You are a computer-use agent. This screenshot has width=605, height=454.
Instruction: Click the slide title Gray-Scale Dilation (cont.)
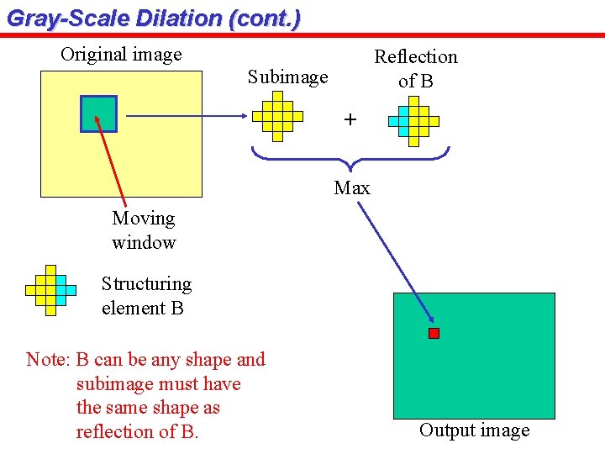[153, 18]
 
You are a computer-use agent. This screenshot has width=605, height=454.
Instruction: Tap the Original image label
[121, 55]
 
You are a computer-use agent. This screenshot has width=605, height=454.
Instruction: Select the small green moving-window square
[98, 113]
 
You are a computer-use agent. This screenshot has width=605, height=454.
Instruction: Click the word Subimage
[287, 77]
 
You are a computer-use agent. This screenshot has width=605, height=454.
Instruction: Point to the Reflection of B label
[415, 68]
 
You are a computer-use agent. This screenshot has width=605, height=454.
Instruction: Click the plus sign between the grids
[350, 119]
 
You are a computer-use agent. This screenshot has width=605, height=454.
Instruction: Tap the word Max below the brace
[351, 187]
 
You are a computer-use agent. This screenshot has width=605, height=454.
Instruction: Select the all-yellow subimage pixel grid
[277, 116]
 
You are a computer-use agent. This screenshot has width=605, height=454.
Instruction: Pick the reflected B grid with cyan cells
[413, 121]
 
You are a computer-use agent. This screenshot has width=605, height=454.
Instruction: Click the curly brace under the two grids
[351, 156]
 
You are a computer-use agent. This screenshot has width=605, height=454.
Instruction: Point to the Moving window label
[144, 230]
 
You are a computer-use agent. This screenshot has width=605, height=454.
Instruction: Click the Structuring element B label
[146, 296]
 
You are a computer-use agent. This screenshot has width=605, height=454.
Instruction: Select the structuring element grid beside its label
[50, 290]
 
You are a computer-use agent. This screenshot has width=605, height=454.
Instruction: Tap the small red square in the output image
[434, 334]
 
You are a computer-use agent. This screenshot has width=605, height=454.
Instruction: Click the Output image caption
[474, 430]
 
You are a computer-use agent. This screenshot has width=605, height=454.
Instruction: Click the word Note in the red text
[47, 360]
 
